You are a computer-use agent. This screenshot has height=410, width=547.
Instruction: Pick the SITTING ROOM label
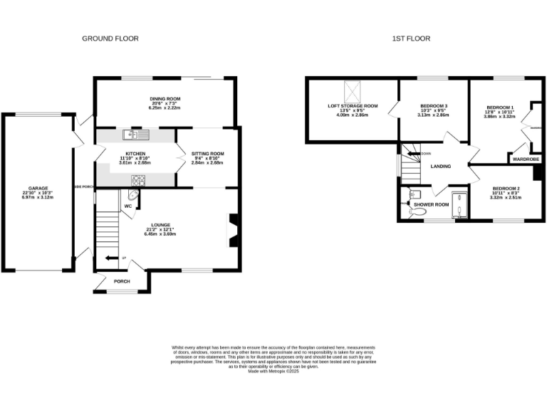[207, 153]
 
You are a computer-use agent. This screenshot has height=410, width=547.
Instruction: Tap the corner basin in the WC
[134, 194]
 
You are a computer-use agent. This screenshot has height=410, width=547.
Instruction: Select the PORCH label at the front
[123, 280]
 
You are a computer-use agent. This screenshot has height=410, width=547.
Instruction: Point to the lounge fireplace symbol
[232, 230]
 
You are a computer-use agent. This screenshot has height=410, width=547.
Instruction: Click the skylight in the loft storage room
[353, 92]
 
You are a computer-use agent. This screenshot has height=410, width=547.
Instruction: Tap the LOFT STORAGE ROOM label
[353, 106]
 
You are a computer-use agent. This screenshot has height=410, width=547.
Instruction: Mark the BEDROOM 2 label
[506, 189]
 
